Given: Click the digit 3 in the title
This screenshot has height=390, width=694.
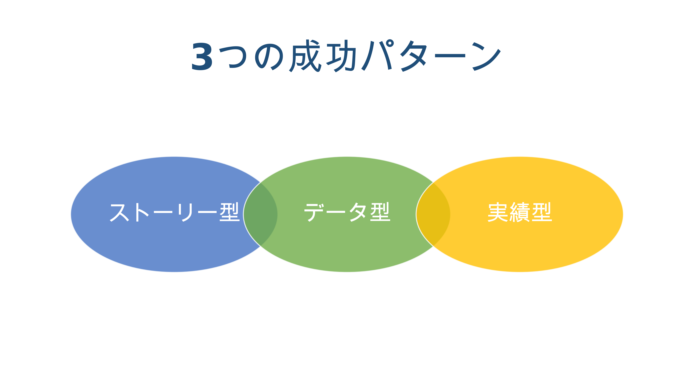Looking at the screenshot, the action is pos(202,56).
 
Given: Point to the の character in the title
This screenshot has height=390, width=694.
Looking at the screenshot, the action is pos(269,57).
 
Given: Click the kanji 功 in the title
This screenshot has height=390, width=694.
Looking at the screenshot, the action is pos(341,56).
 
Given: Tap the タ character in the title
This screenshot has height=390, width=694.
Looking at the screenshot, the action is pos(413,56).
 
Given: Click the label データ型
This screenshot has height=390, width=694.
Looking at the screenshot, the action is pos(347,212).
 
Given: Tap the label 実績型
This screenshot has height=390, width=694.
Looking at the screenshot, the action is pos(520,212).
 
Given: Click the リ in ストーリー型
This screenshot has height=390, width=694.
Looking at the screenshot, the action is pos(185,212).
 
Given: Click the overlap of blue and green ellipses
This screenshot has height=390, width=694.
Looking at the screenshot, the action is pos(260,214).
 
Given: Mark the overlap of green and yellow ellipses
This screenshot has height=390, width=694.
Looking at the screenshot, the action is pos(433,214).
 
